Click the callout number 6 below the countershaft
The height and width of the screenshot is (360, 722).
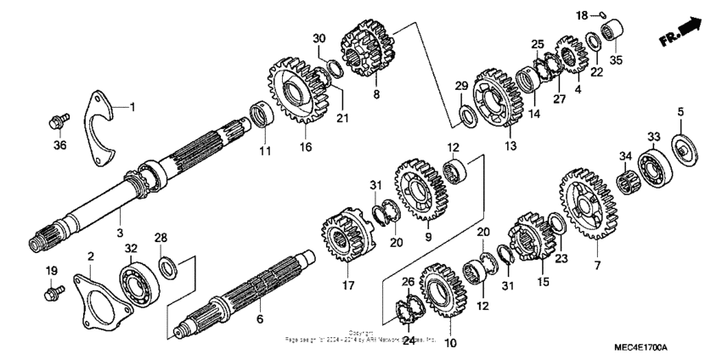click(x=260, y=319)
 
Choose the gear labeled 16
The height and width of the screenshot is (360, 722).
click(x=296, y=93)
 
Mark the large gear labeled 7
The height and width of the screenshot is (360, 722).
click(x=585, y=204)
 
